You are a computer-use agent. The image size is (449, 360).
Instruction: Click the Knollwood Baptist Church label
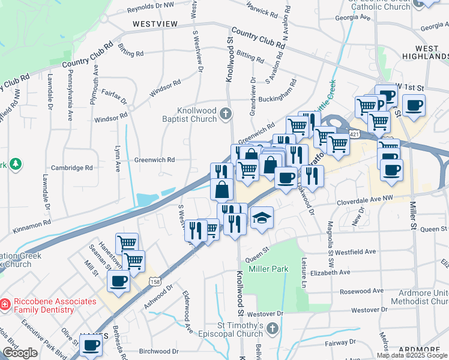pos(196,115)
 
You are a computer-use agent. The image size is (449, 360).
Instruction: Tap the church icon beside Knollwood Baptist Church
pos(225,113)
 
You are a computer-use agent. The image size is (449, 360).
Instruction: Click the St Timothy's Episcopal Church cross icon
pos(273,328)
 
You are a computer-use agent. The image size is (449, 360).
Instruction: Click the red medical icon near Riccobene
pos(4,305)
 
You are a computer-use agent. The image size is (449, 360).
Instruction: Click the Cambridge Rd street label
pos(71,168)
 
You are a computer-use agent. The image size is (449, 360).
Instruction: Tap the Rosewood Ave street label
pos(361,291)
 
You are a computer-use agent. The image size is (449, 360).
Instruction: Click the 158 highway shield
pos(155,281)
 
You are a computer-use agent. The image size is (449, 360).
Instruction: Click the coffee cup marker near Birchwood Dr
pos(91,346)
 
